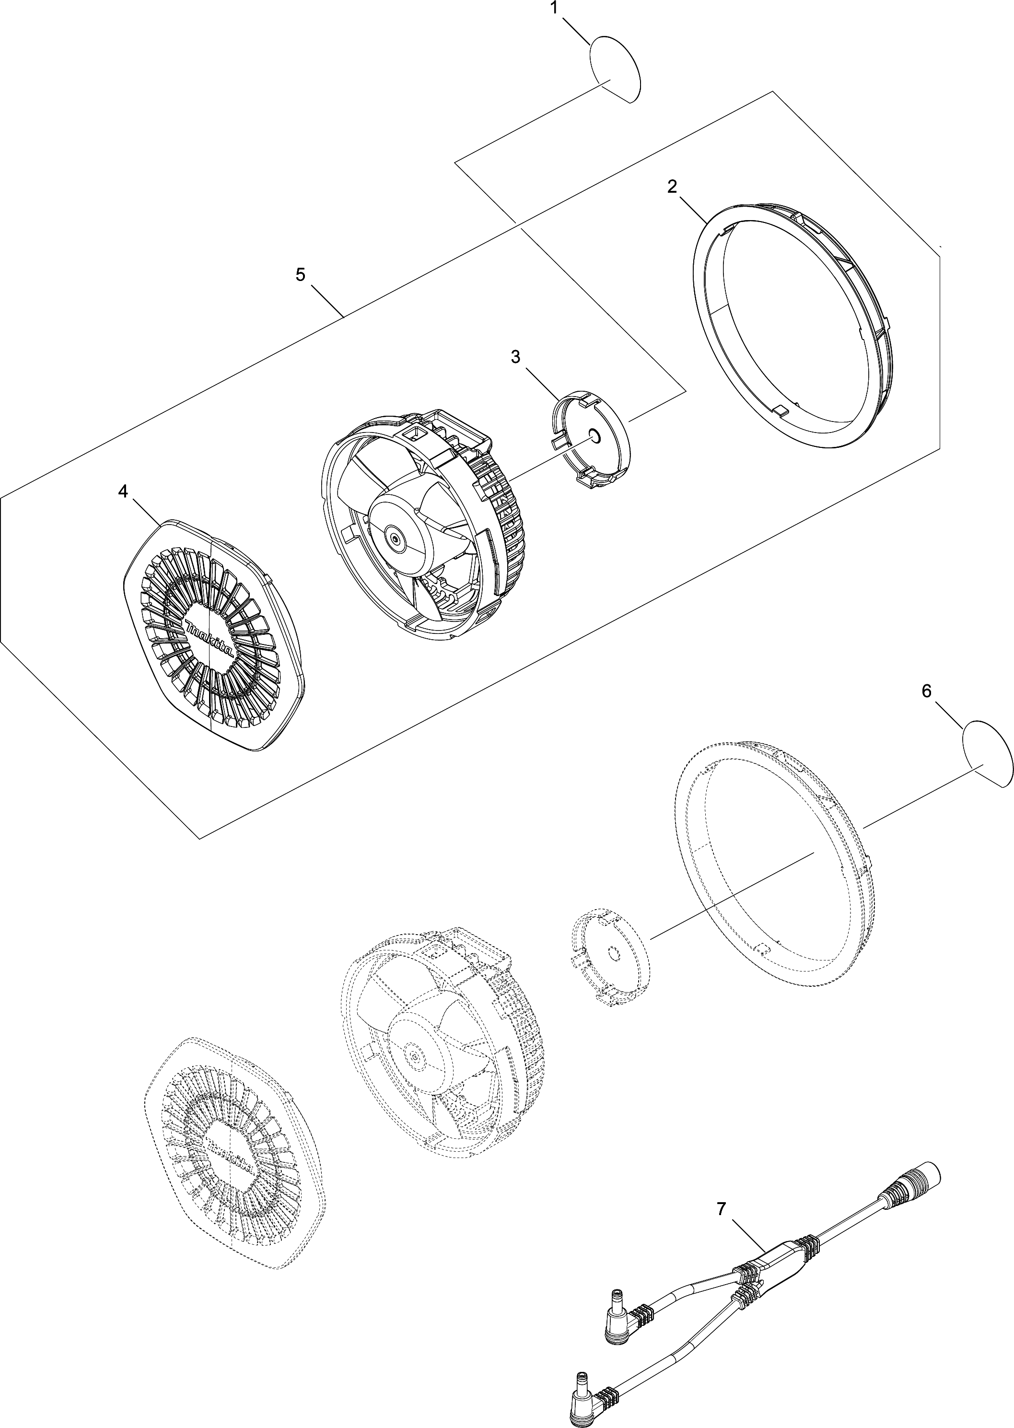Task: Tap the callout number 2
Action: pyautogui.click(x=672, y=187)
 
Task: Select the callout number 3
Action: pyautogui.click(x=515, y=357)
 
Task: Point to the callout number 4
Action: pyautogui.click(x=123, y=492)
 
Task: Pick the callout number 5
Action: pyautogui.click(x=300, y=275)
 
